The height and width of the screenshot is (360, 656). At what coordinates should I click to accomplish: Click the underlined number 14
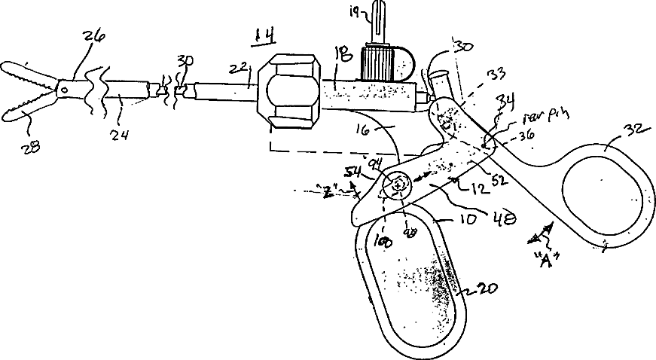click(x=264, y=35)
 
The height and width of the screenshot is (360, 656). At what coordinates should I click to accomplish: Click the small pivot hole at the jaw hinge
click(x=64, y=91)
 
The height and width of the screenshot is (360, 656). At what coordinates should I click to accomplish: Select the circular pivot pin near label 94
click(x=396, y=183)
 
